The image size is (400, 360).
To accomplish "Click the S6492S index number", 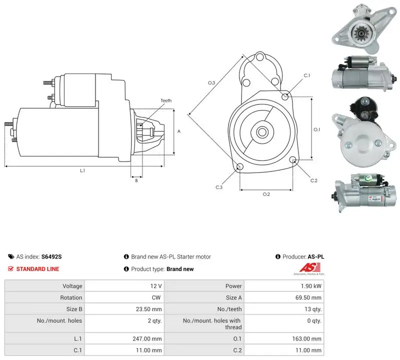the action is [x=51, y=256].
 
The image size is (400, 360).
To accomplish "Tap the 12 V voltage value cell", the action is [x=156, y=286].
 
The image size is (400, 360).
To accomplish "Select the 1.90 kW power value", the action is [x=311, y=286].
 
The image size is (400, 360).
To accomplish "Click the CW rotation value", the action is [x=156, y=297].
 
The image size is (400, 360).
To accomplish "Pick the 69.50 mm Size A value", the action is [x=308, y=297].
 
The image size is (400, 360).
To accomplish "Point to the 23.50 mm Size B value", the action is [x=148, y=309].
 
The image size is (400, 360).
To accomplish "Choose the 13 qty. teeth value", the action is [x=313, y=309].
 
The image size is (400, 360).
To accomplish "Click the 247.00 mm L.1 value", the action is [x=147, y=338].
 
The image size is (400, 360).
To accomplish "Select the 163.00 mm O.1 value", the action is [x=306, y=338].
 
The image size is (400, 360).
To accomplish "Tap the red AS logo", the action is [x=309, y=267].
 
